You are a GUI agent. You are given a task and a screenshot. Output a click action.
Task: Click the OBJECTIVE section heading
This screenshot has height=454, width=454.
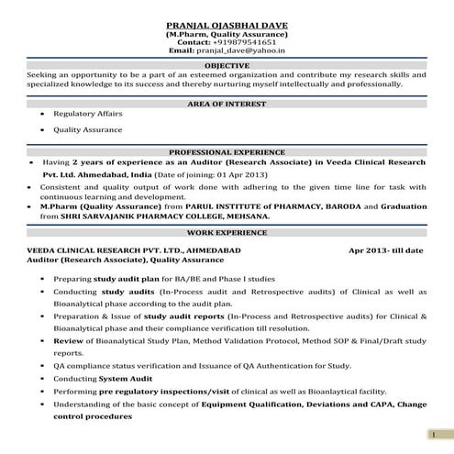[227, 65]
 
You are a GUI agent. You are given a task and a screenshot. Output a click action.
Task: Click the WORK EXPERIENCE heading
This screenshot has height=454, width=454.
[227, 235]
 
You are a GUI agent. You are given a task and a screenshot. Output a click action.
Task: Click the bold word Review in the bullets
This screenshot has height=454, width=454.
[67, 340]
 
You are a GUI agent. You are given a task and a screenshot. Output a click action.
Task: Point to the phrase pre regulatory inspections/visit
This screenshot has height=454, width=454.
[169, 391]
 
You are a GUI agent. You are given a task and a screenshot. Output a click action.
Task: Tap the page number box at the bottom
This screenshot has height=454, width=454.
[431, 433]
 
